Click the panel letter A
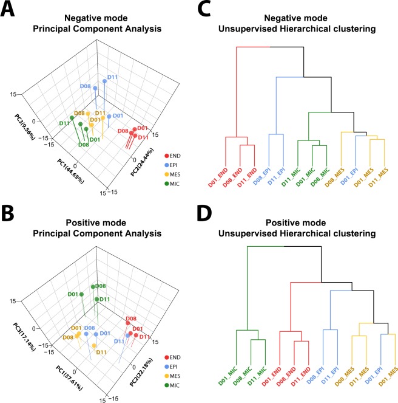8,10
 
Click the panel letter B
8,210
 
